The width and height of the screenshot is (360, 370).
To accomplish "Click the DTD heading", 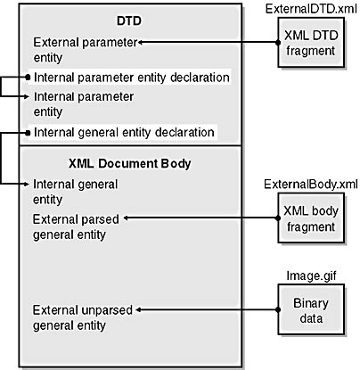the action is click(129, 21).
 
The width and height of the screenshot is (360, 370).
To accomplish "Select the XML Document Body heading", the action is click(130, 163).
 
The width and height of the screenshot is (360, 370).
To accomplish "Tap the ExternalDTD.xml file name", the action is click(311, 9).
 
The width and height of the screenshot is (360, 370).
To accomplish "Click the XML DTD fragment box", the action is click(311, 43).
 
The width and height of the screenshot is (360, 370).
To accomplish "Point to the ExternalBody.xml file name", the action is click(311, 185).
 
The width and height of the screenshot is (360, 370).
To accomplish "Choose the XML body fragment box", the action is click(311, 218).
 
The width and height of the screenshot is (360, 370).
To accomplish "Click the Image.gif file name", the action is click(311, 276).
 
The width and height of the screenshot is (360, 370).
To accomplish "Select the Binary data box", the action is click(311, 309).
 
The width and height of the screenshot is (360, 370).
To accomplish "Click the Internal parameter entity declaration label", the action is click(132, 78).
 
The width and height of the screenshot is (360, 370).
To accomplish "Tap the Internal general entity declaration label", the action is click(124, 132).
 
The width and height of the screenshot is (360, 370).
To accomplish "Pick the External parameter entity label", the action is click(86, 50).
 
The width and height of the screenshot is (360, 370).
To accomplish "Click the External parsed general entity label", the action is click(76, 226).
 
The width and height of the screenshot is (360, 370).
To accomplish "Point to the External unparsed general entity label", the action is click(82, 317).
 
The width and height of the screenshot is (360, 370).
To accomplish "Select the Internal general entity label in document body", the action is click(75, 192).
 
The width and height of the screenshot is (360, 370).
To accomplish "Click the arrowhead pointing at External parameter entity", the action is click(141, 43).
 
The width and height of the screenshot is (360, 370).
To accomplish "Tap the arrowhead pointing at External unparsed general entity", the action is click(138, 310).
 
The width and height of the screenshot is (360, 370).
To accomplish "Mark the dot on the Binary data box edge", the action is click(278, 310).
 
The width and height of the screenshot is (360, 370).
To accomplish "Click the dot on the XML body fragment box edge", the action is click(278, 218).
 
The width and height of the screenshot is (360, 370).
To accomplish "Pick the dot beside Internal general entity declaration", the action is click(28, 133).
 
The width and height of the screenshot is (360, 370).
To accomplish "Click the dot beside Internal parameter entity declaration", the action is click(28, 78).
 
